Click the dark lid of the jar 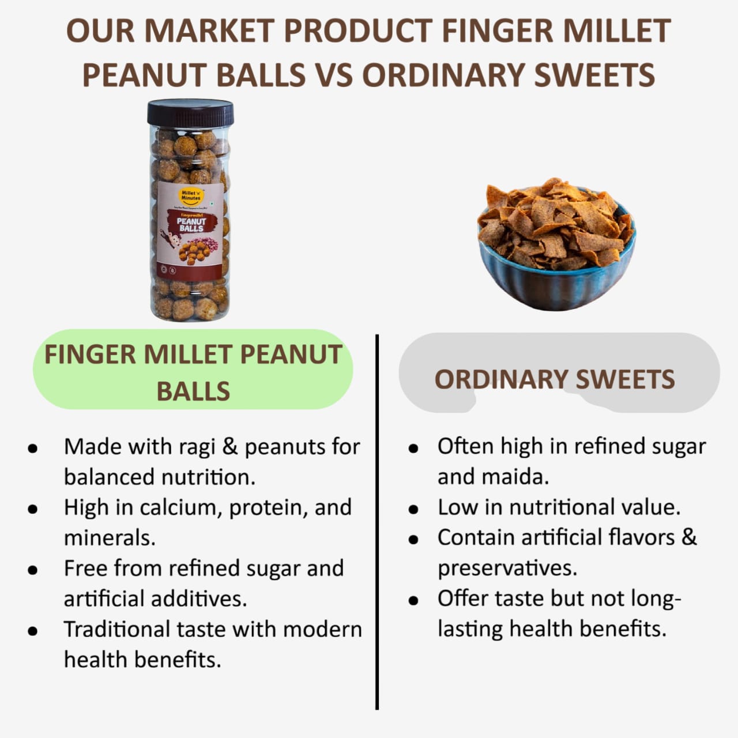point(190,112)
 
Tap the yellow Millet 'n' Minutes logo point(191,195)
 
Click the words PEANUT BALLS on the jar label point(191,225)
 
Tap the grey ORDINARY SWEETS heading point(555,379)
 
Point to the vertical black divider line point(377,519)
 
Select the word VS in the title point(334,75)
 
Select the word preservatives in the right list point(507,568)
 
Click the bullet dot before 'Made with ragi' point(33,448)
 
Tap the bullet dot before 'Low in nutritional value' point(413,509)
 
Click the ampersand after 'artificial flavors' point(689,537)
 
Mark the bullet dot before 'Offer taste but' point(413,600)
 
